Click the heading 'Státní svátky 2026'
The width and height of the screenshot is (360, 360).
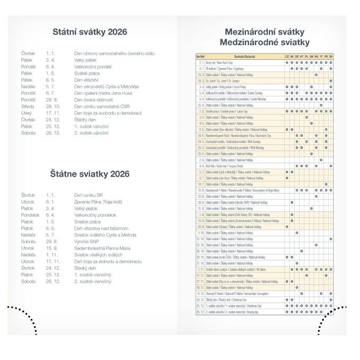point(90,32)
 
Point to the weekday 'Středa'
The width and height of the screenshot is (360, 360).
point(28,106)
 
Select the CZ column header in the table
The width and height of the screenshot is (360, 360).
point(287,56)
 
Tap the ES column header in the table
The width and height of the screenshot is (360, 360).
point(331,56)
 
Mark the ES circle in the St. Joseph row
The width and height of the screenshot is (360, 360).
point(331,81)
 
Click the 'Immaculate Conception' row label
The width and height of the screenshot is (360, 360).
point(233,293)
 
